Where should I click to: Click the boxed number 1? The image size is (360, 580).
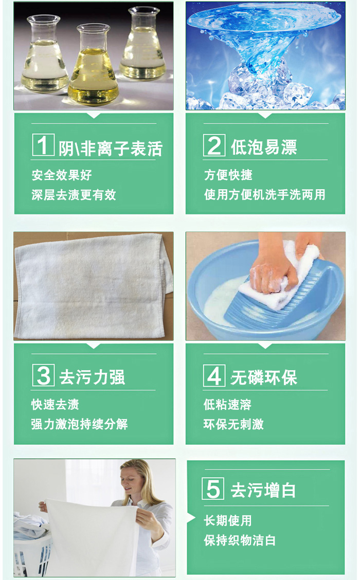pyautogui.click(x=43, y=145)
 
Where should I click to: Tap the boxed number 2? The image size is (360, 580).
pyautogui.click(x=214, y=145)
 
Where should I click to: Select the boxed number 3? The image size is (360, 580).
pyautogui.click(x=43, y=375)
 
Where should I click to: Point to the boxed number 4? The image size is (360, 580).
pyautogui.click(x=214, y=375)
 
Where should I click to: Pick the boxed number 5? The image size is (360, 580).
pyautogui.click(x=213, y=488)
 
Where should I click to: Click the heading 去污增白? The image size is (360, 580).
pyautogui.click(x=263, y=490)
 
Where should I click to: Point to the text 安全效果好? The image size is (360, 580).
pyautogui.click(x=61, y=175)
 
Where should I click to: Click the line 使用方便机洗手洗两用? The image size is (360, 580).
pyautogui.click(x=264, y=194)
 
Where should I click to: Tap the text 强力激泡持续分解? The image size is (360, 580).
pyautogui.click(x=80, y=424)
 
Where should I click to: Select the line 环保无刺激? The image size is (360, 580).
pyautogui.click(x=233, y=424)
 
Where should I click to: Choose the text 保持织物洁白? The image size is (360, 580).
pyautogui.click(x=240, y=540)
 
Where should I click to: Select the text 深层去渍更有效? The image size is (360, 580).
pyautogui.click(x=74, y=195)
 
